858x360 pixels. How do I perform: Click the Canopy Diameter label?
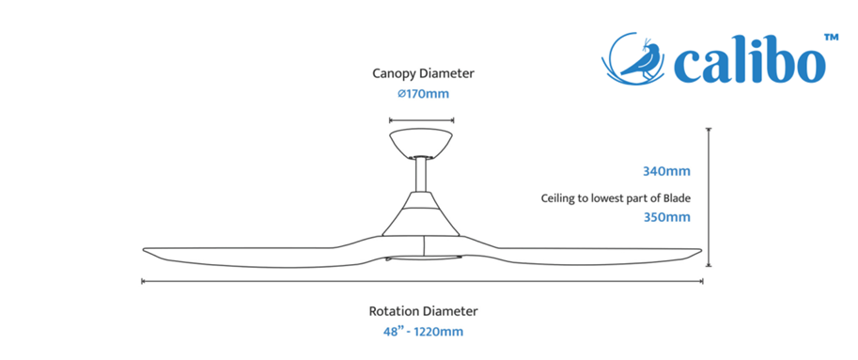pyautogui.click(x=424, y=73)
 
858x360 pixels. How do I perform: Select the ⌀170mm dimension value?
pyautogui.click(x=424, y=94)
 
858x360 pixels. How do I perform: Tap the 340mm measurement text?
pyautogui.click(x=666, y=171)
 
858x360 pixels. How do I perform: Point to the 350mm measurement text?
pyautogui.click(x=666, y=217)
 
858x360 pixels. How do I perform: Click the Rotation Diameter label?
pyautogui.click(x=423, y=311)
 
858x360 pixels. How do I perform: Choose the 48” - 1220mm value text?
pyautogui.click(x=423, y=332)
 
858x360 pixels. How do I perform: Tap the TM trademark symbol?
pyautogui.click(x=831, y=38)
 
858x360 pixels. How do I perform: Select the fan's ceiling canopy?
pyautogui.click(x=421, y=144)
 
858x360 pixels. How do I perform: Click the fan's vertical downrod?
pyautogui.click(x=421, y=175)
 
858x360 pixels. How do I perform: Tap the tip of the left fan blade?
pyautogui.click(x=144, y=250)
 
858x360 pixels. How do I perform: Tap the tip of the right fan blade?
pyautogui.click(x=700, y=250)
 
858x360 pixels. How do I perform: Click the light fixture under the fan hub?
pyautogui.click(x=424, y=258)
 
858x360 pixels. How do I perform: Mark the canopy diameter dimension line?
pyautogui.click(x=421, y=120)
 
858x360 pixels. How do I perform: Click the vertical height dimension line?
pyautogui.click(x=709, y=197)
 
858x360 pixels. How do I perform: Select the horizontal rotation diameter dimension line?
pyautogui.click(x=422, y=281)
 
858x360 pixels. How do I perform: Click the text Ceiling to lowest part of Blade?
pyautogui.click(x=616, y=198)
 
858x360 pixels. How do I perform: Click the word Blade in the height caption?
pyautogui.click(x=678, y=197)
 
